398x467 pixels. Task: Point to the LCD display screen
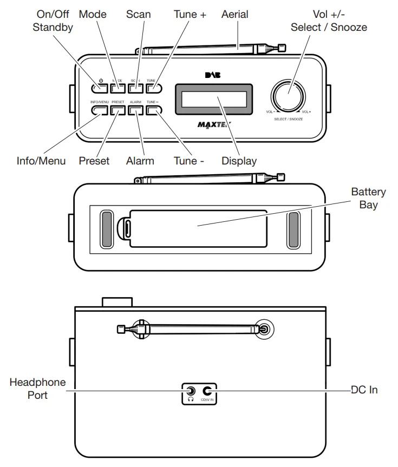pyautogui.click(x=213, y=99)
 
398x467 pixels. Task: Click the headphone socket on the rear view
pyautogui.click(x=191, y=391)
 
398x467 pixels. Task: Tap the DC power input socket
pyautogui.click(x=207, y=391)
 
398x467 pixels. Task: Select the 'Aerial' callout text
pyautogui.click(x=235, y=15)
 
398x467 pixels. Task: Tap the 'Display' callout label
pyautogui.click(x=239, y=161)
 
